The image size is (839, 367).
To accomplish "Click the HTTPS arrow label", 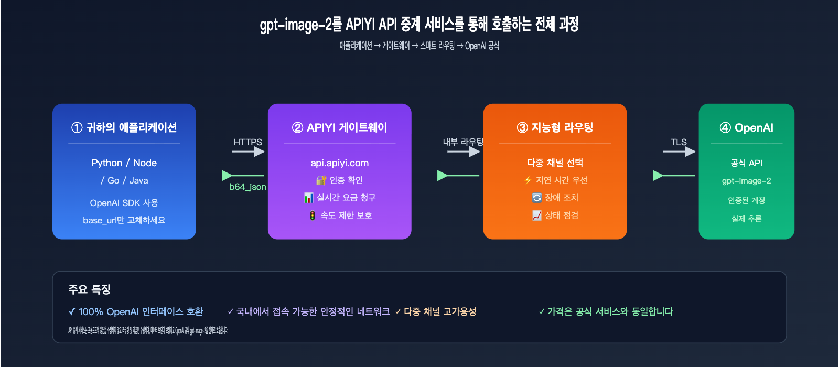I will tap(248, 142).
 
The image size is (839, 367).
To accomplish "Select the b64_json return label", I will tap(248, 187).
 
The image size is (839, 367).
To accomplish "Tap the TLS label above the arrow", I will tap(679, 142).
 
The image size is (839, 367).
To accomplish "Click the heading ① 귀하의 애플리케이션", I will tap(124, 127).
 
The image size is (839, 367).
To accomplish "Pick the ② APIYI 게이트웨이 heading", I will tap(340, 127).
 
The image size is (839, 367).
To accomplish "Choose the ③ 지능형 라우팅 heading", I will tap(555, 127).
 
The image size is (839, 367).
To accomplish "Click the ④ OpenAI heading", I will tap(747, 127).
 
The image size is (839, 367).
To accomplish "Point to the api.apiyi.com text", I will tap(340, 163).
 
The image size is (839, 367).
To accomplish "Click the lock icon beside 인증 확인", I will tap(321, 180).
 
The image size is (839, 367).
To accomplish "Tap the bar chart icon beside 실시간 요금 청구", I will tap(309, 198).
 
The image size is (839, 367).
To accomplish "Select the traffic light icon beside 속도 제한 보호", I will tap(313, 215).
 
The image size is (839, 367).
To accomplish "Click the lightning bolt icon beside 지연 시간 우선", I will tap(528, 180).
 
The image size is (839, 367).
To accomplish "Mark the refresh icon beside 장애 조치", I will tap(536, 198).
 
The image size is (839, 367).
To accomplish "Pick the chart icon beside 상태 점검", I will tap(536, 215).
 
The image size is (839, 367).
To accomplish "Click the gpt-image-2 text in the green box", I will tap(747, 181).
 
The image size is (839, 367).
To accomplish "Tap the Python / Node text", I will tap(124, 163).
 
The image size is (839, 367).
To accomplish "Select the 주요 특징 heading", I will tap(89, 289).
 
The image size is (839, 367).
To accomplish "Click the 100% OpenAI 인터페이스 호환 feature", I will tap(136, 312).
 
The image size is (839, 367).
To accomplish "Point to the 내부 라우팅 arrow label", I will tap(463, 142).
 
